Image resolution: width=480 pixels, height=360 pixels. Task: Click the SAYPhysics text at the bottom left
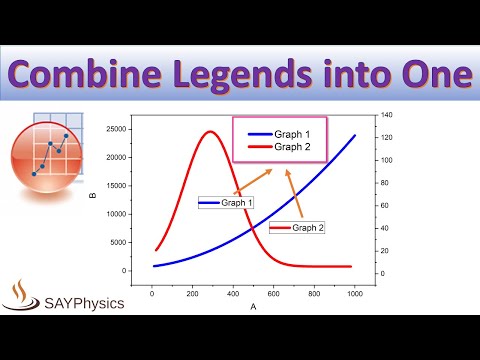coord(85,301)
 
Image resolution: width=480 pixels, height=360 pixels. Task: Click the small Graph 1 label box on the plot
coord(226,203)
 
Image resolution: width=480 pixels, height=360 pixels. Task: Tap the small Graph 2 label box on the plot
coord(297,228)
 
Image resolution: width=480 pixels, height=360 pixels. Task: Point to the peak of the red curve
coord(210,132)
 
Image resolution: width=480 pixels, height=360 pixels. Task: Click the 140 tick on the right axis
coord(385,116)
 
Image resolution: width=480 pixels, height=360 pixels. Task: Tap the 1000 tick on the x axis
coord(354,292)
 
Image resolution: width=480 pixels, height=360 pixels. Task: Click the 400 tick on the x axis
coord(232,292)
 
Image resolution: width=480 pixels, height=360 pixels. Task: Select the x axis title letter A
coord(253,306)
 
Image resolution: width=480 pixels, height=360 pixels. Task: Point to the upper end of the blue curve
coord(355,135)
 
